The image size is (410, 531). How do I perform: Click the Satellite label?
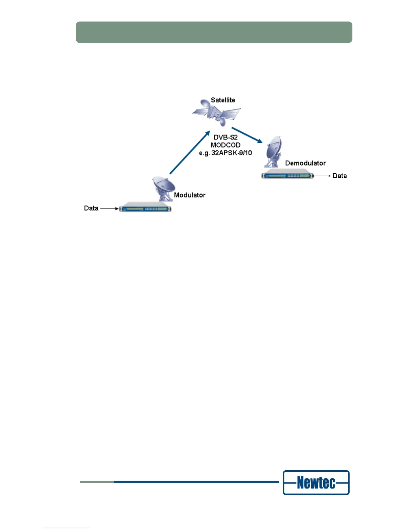(x=223, y=100)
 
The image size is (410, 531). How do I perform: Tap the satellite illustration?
(x=216, y=112)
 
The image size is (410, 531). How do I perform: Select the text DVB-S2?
(x=225, y=137)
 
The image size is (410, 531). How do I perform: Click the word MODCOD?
(x=225, y=145)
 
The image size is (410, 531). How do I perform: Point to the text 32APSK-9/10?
(x=231, y=153)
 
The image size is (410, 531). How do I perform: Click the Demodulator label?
(x=305, y=163)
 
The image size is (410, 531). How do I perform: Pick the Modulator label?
(x=190, y=195)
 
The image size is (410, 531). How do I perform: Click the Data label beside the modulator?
(x=91, y=208)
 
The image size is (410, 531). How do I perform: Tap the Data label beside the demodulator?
(x=340, y=176)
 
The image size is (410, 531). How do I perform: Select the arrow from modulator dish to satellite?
(x=190, y=153)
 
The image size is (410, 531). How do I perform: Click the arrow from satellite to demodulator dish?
(x=247, y=135)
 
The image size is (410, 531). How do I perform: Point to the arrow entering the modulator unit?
(x=109, y=209)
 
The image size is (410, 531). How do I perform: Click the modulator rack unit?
(x=145, y=208)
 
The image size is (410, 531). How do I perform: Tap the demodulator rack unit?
(x=287, y=175)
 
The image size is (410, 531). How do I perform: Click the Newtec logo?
(x=316, y=482)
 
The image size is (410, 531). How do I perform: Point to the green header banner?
(x=214, y=32)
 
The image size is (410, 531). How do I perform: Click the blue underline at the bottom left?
(x=66, y=528)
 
